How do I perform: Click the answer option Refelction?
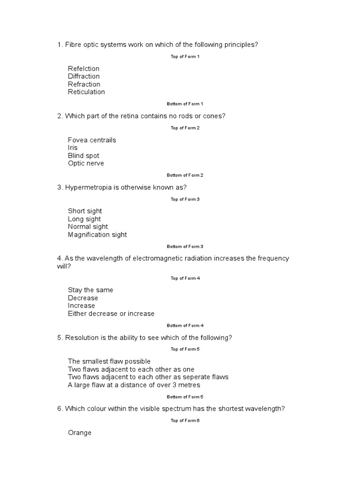click(83, 69)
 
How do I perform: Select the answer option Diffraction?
click(83, 76)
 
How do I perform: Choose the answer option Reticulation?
click(86, 92)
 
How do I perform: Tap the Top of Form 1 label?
click(185, 57)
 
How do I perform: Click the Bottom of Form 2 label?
click(185, 175)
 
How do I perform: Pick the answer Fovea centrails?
click(92, 140)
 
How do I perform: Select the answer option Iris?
click(73, 148)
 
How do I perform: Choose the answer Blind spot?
click(83, 156)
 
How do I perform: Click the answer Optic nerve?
click(86, 164)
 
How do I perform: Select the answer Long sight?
click(84, 219)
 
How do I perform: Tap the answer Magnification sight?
click(97, 235)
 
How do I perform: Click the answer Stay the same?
click(90, 290)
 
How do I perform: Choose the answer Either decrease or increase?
click(111, 314)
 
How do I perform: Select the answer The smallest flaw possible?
click(109, 361)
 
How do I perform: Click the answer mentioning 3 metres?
click(134, 385)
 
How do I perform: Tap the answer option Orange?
click(80, 433)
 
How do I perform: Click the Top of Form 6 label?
click(185, 420)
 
